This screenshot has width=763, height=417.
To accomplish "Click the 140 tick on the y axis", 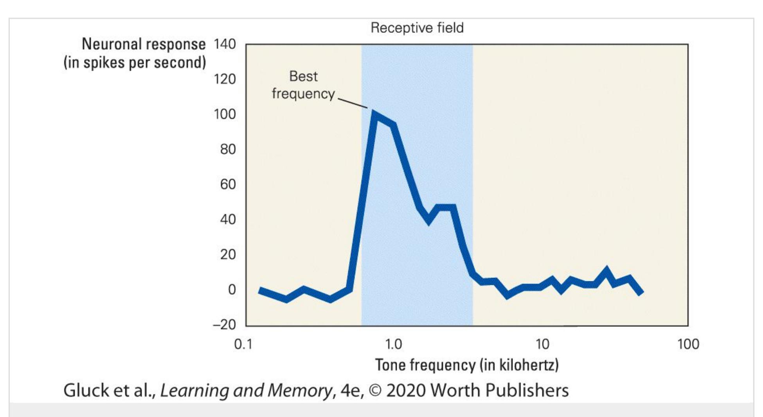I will [225, 44].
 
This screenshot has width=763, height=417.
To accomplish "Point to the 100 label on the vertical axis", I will [225, 114].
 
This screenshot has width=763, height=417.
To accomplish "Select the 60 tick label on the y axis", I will [228, 184].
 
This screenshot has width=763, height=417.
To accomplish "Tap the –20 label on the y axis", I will [224, 324].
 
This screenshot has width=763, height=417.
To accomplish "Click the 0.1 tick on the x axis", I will [243, 344].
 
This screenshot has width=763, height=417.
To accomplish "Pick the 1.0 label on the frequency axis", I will [393, 344].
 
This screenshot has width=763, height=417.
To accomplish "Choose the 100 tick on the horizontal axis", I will [688, 344].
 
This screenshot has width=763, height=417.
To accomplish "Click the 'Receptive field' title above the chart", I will [417, 28].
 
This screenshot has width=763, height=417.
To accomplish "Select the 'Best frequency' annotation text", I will [303, 85].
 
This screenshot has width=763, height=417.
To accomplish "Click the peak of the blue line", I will [375, 114].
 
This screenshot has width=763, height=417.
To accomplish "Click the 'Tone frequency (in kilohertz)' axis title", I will [467, 365].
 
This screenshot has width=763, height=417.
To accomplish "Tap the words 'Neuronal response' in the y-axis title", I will [144, 44].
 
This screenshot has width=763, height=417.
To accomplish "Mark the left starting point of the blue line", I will [260, 290].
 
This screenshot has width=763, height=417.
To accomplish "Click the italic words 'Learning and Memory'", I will [246, 390].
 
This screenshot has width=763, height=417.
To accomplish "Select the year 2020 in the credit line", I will [406, 390].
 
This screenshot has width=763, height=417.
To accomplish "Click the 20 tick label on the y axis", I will [228, 254].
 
